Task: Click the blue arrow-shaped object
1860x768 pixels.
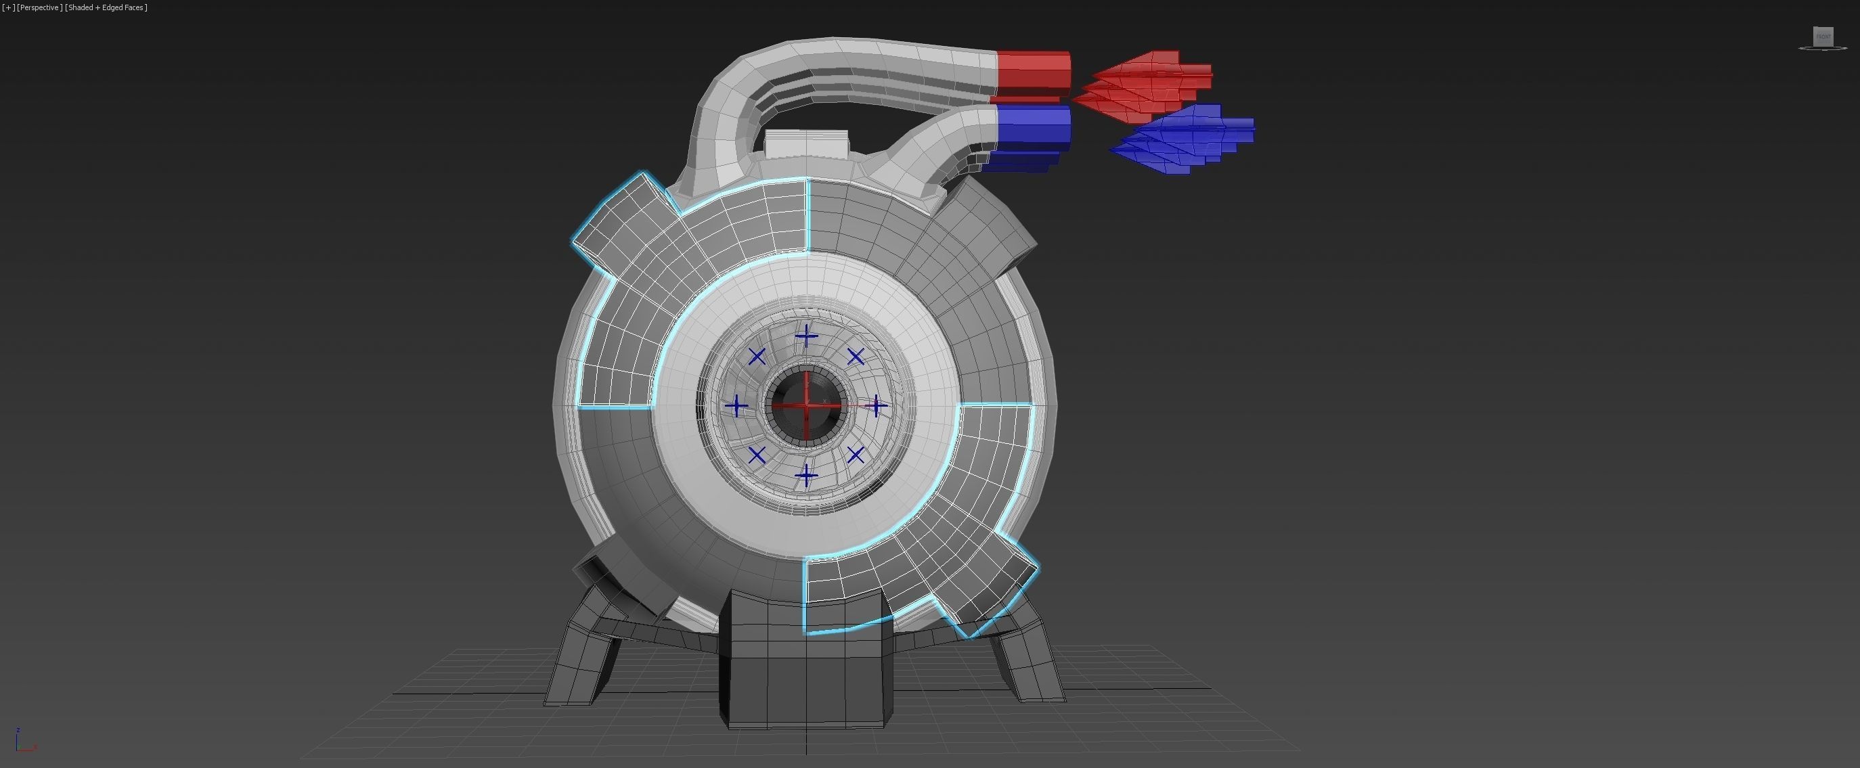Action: [1184, 139]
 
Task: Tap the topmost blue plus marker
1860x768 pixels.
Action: [806, 337]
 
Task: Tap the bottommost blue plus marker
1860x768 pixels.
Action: [806, 476]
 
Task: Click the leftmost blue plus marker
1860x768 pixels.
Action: [736, 406]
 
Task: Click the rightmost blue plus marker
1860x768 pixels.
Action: [876, 407]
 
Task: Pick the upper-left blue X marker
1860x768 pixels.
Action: [757, 357]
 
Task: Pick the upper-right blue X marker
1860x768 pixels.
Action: [856, 357]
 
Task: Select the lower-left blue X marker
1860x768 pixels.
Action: [757, 455]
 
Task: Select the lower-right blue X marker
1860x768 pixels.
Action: [856, 455]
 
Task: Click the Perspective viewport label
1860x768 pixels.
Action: [39, 7]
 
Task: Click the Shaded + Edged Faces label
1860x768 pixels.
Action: [106, 7]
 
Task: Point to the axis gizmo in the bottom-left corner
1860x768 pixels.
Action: [22, 742]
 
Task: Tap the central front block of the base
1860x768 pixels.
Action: [806, 664]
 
